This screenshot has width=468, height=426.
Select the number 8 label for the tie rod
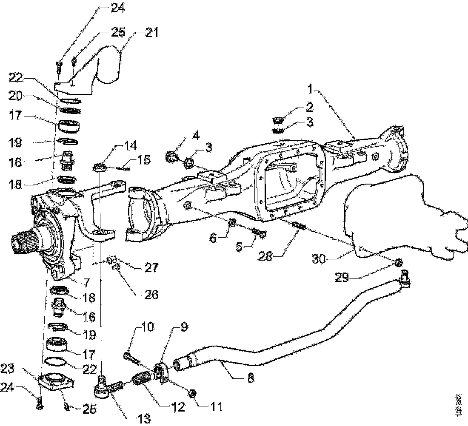point(251,378)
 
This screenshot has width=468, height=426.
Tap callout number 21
point(151,33)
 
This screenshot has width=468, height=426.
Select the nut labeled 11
point(191,393)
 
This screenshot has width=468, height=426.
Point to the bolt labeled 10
point(132,358)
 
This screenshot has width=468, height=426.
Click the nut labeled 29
point(399,263)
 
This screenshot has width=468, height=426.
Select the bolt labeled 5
point(258,233)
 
